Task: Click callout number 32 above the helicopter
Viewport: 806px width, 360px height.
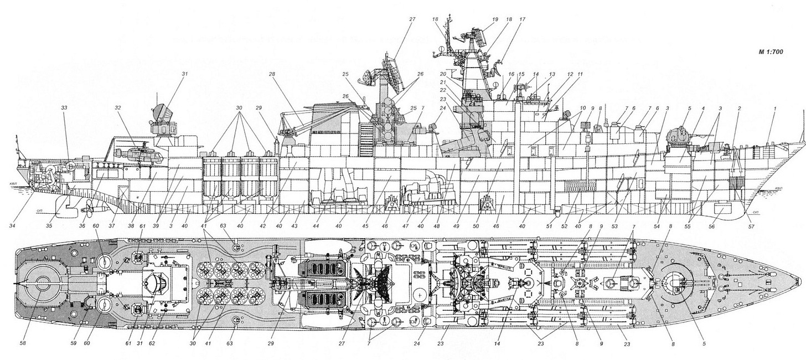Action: pos(117,107)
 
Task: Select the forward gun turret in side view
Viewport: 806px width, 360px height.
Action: pos(678,137)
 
